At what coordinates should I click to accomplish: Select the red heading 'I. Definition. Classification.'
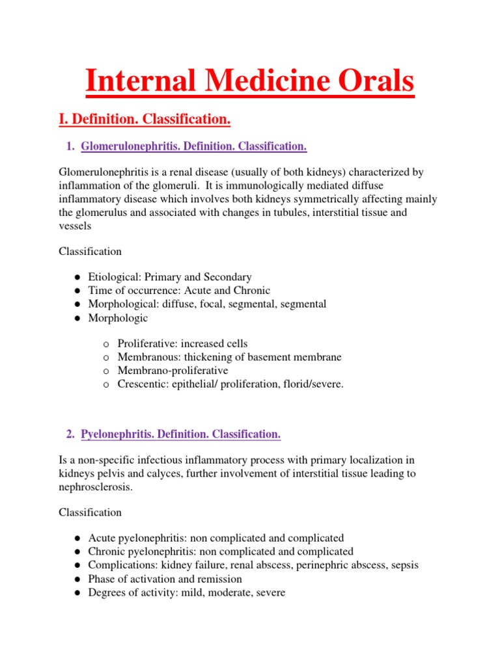145,120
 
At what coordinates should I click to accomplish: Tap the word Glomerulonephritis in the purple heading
130,147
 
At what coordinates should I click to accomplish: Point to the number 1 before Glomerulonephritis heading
70,147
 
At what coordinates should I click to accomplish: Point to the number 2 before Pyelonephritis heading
70,434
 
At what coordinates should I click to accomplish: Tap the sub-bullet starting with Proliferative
182,343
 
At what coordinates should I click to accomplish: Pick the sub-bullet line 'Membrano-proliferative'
173,371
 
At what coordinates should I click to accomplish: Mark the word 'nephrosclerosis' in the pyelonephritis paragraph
95,487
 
